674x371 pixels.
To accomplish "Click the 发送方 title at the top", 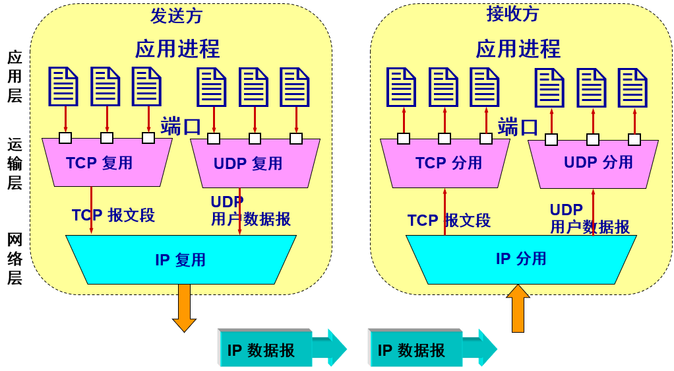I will coord(176,16).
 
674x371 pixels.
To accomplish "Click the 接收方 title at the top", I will coord(512,14).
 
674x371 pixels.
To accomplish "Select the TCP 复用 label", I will coord(100,163).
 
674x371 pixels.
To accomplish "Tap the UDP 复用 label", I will coord(248,164).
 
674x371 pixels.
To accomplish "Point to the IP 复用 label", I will coord(180,260).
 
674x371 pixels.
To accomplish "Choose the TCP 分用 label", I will coord(448,163).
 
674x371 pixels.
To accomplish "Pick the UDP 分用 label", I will coord(598,162).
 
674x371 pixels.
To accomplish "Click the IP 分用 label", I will coord(521,259).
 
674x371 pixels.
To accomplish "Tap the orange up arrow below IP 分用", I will coord(518,308).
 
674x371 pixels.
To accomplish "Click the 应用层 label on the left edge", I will coord(15,77).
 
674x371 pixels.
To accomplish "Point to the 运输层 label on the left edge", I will coord(15,164).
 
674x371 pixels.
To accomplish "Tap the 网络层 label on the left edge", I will coord(15,259).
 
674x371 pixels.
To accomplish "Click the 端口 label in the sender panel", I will coord(180,125).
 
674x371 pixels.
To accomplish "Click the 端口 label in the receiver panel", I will coord(518,126).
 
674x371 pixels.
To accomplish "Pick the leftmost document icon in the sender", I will coord(63,86).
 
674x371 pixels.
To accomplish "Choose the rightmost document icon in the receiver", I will coord(632,88).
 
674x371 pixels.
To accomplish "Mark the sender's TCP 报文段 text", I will coord(113,215).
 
